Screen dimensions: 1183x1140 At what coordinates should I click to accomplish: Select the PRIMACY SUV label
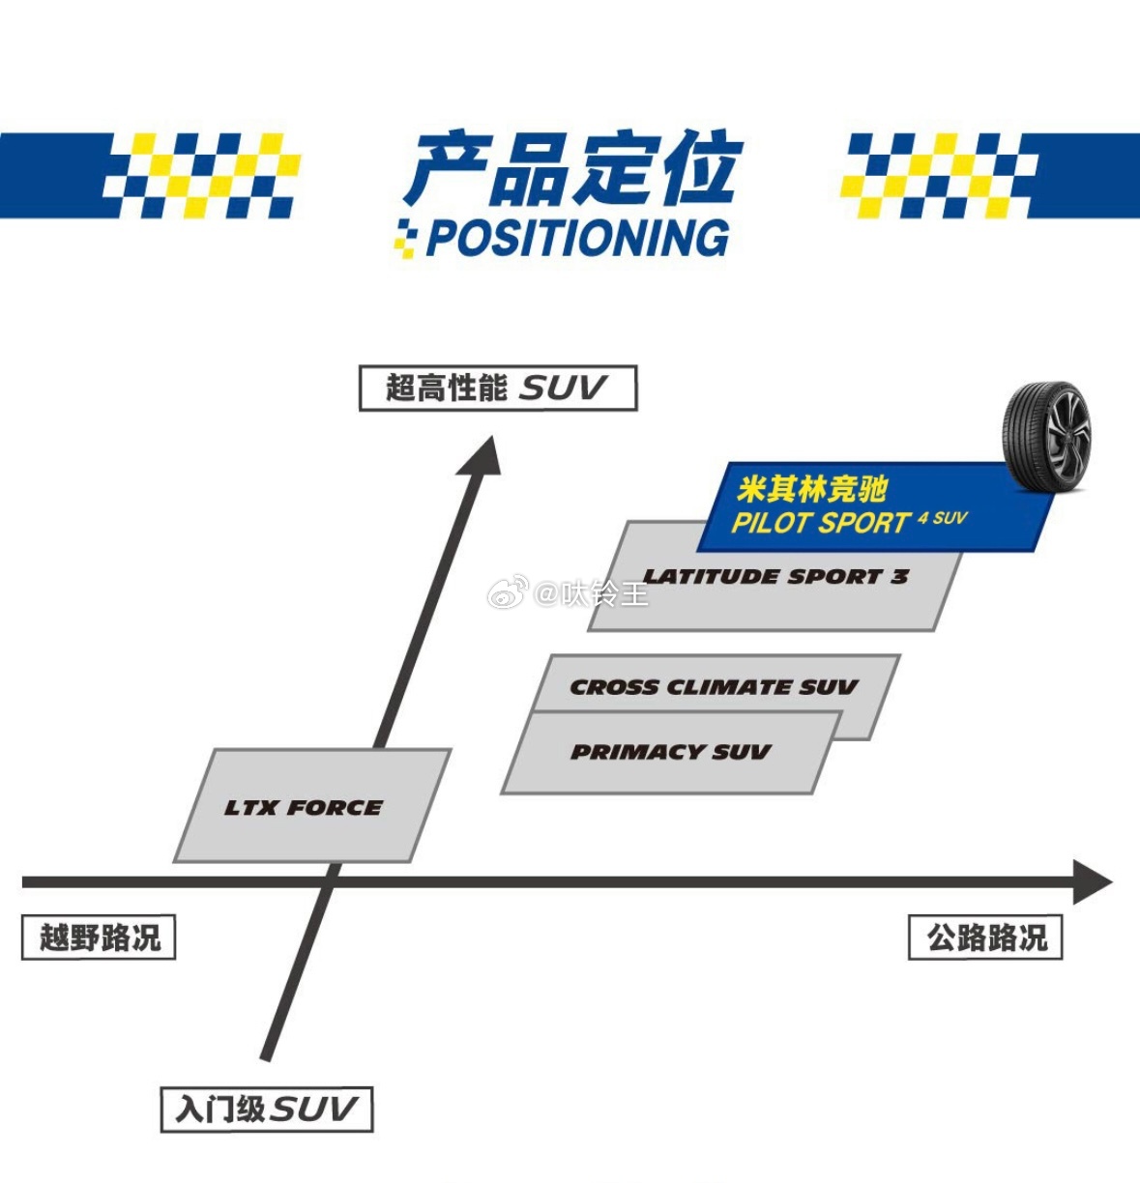pyautogui.click(x=670, y=752)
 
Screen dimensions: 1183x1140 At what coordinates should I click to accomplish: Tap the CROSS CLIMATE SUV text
pyautogui.click(x=714, y=687)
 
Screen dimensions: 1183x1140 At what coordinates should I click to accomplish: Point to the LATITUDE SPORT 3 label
pyautogui.click(x=775, y=577)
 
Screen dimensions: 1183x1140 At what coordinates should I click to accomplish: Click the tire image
pyautogui.click(x=1047, y=432)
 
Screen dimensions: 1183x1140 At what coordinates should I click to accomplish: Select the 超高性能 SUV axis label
pyautogui.click(x=497, y=388)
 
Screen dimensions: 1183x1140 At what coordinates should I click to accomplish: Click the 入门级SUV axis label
pyautogui.click(x=266, y=1109)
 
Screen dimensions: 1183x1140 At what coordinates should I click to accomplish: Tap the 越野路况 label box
pyautogui.click(x=99, y=938)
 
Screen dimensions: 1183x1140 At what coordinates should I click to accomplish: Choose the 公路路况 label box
pyautogui.click(x=985, y=938)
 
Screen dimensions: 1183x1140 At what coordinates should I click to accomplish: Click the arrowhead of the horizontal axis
pyautogui.click(x=1093, y=881)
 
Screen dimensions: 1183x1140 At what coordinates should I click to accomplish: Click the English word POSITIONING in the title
pyautogui.click(x=577, y=238)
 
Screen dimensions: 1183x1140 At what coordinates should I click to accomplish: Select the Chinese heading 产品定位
pyautogui.click(x=574, y=170)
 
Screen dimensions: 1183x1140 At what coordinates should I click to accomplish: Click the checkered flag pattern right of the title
pyautogui.click(x=938, y=175)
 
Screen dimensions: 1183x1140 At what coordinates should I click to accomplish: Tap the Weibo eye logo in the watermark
pyautogui.click(x=507, y=591)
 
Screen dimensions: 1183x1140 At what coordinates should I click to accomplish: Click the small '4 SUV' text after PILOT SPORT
pyautogui.click(x=943, y=518)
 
